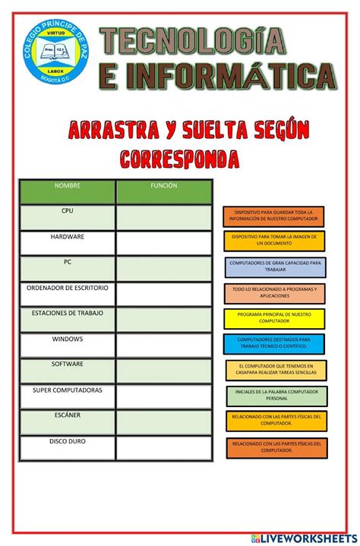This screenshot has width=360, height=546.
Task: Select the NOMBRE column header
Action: pyautogui.click(x=67, y=186)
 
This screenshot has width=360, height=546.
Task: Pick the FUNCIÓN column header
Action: pyautogui.click(x=164, y=186)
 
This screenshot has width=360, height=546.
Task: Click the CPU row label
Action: pyautogui.click(x=67, y=212)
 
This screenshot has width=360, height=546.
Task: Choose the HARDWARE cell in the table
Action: pyautogui.click(x=67, y=238)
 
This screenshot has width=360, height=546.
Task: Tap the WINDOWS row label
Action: pyautogui.click(x=67, y=339)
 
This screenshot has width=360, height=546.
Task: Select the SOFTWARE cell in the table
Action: pyautogui.click(x=67, y=365)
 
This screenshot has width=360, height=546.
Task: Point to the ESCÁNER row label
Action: pyautogui.click(x=67, y=416)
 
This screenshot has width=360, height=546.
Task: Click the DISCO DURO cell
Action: pyautogui.click(x=67, y=442)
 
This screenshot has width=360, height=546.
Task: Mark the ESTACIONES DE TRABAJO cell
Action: pyautogui.click(x=67, y=314)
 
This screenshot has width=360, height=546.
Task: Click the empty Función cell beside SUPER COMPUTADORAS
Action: pyautogui.click(x=164, y=396)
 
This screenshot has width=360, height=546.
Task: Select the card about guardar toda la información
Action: pyautogui.click(x=273, y=216)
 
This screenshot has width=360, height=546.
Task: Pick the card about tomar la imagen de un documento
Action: pyautogui.click(x=273, y=241)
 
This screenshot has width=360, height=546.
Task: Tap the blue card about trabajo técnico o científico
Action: pyautogui.click(x=273, y=343)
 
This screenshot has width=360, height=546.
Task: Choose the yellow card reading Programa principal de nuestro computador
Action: pyautogui.click(x=273, y=317)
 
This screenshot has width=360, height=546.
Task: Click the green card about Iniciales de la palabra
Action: pyautogui.click(x=276, y=395)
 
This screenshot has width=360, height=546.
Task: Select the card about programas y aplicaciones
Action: pyautogui.click(x=273, y=292)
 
